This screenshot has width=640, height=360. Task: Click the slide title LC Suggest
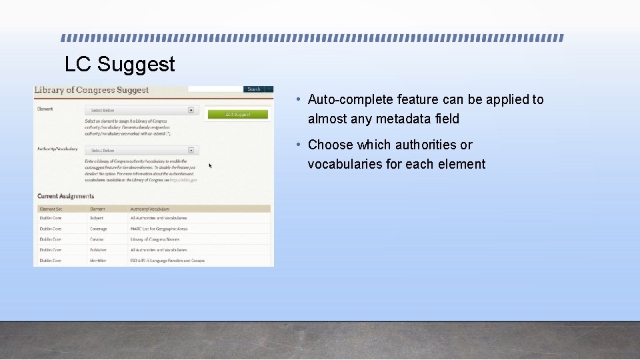coord(120,64)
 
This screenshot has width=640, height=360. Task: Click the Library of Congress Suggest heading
coord(91,90)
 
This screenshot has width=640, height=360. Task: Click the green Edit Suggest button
coord(237,115)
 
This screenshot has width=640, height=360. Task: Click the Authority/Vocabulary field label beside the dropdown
coord(57,149)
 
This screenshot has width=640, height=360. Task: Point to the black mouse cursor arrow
coord(211,165)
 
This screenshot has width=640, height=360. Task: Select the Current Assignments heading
coord(65,196)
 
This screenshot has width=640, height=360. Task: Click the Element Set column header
coord(51,209)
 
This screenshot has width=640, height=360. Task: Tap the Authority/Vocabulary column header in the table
coord(150,209)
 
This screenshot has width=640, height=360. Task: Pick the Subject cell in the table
coord(97,218)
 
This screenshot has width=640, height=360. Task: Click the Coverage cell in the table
coord(98,229)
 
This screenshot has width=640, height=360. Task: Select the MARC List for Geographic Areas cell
coord(159,229)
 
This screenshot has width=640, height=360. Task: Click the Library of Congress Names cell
coord(155,239)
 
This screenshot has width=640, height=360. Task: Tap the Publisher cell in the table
coord(98,250)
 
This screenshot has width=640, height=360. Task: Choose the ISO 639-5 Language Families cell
coord(167,261)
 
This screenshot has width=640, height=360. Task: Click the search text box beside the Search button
coord(215,89)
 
